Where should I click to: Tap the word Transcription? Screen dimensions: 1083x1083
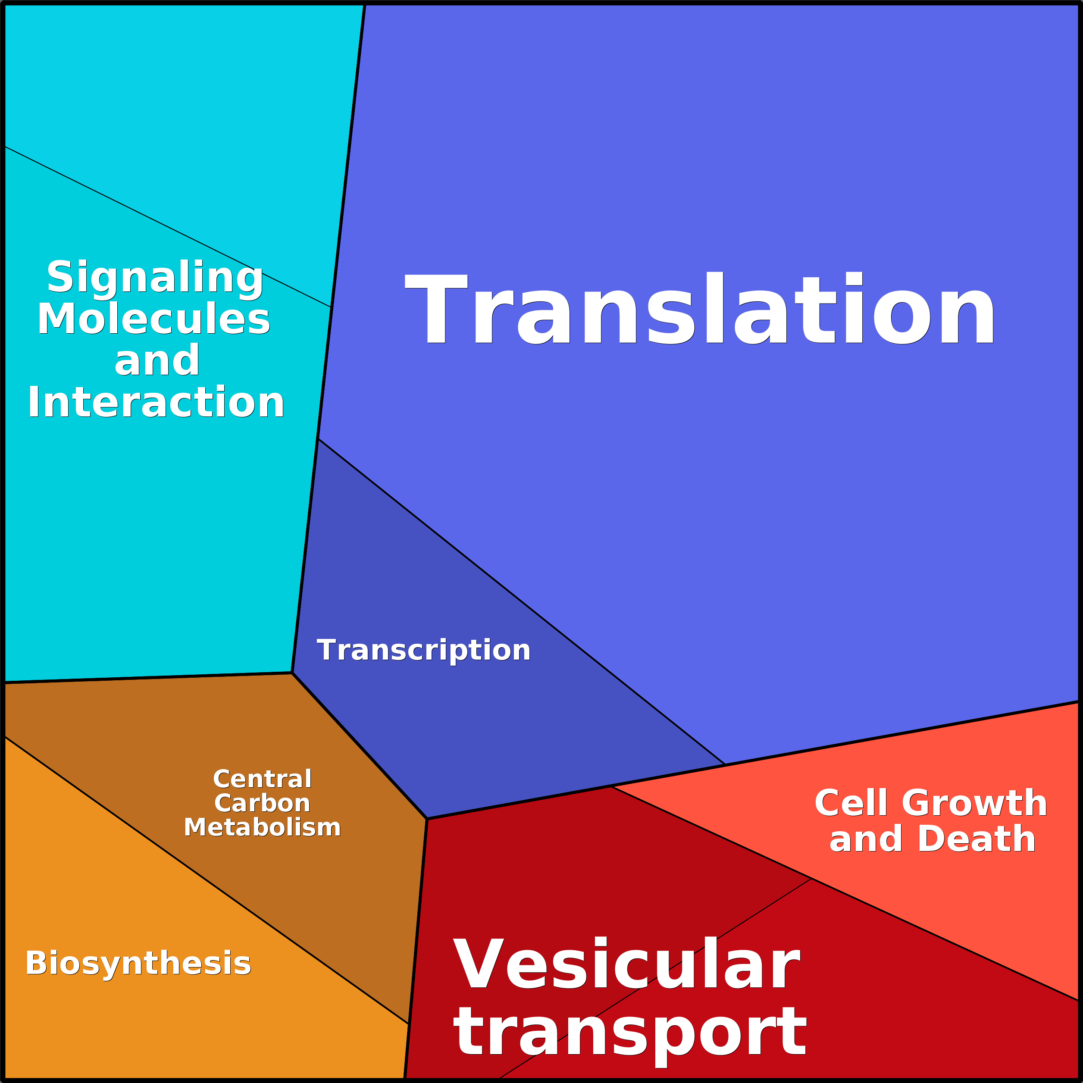pyautogui.click(x=423, y=650)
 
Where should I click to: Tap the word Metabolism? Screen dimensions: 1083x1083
pyautogui.click(x=262, y=827)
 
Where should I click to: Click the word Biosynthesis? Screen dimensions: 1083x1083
pyautogui.click(x=138, y=964)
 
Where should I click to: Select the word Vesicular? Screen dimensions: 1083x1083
pyautogui.click(x=626, y=964)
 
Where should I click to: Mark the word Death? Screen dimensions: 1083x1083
pyautogui.click(x=977, y=839)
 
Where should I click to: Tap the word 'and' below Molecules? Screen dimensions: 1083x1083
pyautogui.click(x=157, y=360)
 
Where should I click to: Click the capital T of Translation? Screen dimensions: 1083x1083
pyautogui.click(x=436, y=307)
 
